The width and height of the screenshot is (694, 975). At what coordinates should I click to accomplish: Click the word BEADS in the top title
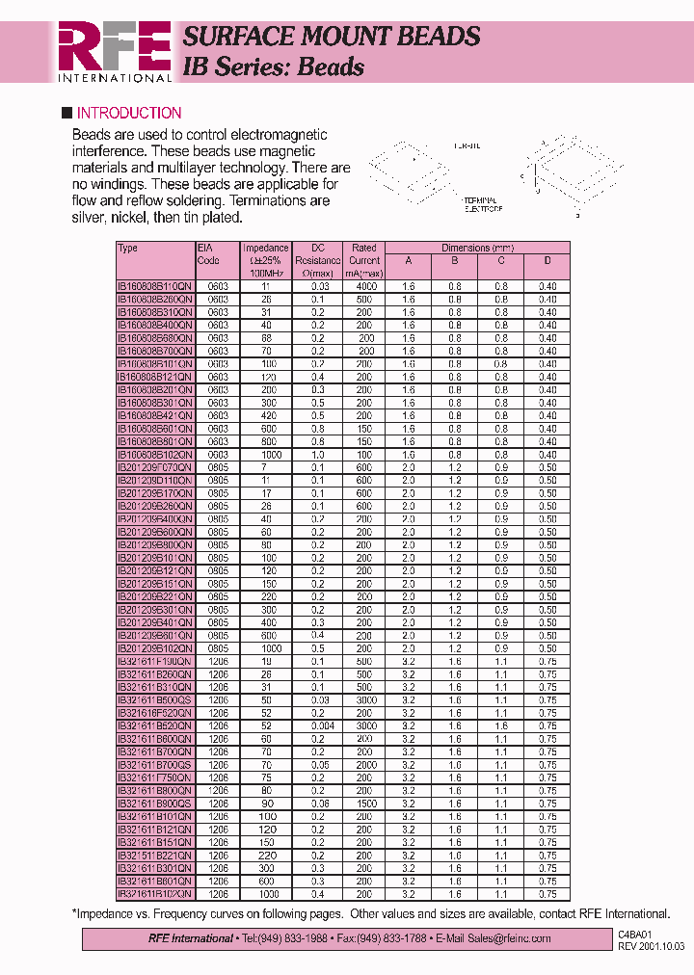tap(433, 37)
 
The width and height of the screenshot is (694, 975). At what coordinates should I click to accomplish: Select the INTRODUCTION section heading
tap(128, 113)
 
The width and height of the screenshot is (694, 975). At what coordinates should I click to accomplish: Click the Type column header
tap(127, 249)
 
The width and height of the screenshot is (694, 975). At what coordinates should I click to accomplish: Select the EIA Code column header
tap(209, 254)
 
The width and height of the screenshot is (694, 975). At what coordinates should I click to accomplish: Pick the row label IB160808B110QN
tap(154, 286)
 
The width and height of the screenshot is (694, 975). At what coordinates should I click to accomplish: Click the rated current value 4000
tap(364, 286)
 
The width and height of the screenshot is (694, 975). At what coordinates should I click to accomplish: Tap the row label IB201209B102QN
tap(154, 649)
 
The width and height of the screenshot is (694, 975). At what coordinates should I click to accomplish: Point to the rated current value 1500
tap(364, 804)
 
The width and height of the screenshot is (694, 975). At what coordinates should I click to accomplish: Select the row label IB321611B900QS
tap(154, 804)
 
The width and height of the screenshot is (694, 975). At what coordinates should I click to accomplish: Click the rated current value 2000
tap(364, 765)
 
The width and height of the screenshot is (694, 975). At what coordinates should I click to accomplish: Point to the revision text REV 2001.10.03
tap(651, 946)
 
